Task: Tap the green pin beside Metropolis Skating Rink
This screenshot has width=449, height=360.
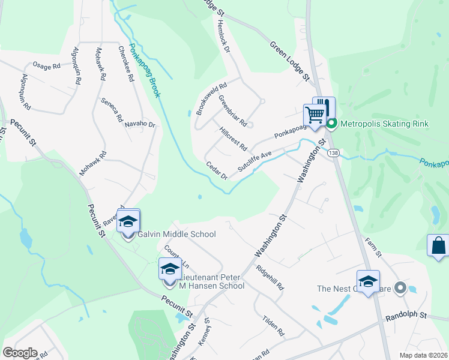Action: coord(330,124)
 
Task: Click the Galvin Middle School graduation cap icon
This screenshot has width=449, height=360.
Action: coord(128,221)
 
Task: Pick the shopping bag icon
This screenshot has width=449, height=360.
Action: coord(438,245)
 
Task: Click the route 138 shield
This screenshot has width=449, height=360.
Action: coord(333,154)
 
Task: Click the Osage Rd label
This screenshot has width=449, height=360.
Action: coord(47,65)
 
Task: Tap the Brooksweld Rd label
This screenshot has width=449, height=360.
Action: coord(211,98)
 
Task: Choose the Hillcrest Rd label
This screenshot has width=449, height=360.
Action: coord(234,138)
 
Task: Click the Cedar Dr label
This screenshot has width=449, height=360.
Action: coord(217,170)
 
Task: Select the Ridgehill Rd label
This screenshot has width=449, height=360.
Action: coord(270,278)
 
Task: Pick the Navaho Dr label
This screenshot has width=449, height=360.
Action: coord(140,124)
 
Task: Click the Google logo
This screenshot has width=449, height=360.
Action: coord(20,353)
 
